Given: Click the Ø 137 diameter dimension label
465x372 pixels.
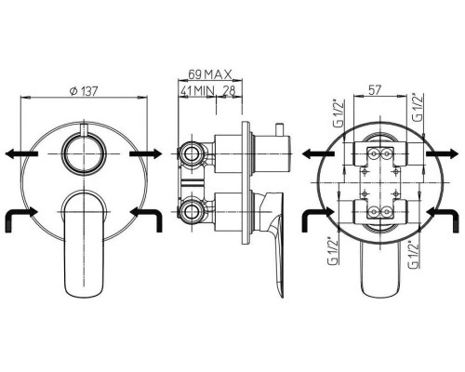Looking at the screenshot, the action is (x=84, y=91).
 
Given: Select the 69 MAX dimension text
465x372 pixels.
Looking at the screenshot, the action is (x=210, y=74).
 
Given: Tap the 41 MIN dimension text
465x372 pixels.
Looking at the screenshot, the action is (x=198, y=91).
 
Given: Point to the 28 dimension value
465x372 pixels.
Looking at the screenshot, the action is (x=230, y=90).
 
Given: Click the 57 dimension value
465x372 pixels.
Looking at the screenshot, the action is (x=375, y=90).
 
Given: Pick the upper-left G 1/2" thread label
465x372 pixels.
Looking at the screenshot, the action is (x=339, y=113).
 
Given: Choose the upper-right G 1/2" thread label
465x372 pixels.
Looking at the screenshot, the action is (x=418, y=107).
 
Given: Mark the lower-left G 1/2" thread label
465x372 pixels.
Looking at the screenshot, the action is (x=333, y=251).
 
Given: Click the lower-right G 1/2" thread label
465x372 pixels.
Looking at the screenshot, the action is (x=414, y=254).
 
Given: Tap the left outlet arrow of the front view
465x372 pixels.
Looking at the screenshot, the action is (x=21, y=153).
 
